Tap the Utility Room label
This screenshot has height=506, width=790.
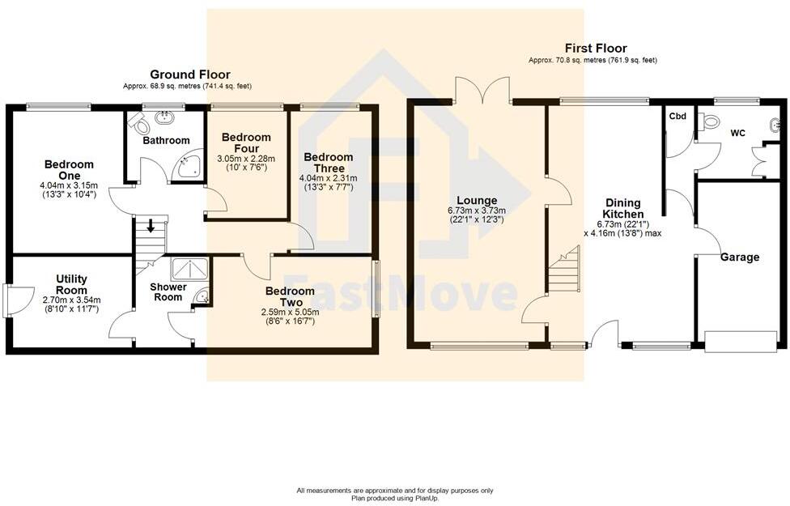coord(71,284)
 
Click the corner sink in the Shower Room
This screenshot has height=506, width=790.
coord(202,300)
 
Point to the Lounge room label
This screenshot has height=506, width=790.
coord(477,201)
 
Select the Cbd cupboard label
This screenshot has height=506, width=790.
coord(677,117)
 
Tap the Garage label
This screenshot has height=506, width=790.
coord(740,257)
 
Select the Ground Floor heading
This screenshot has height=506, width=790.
coord(189,74)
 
